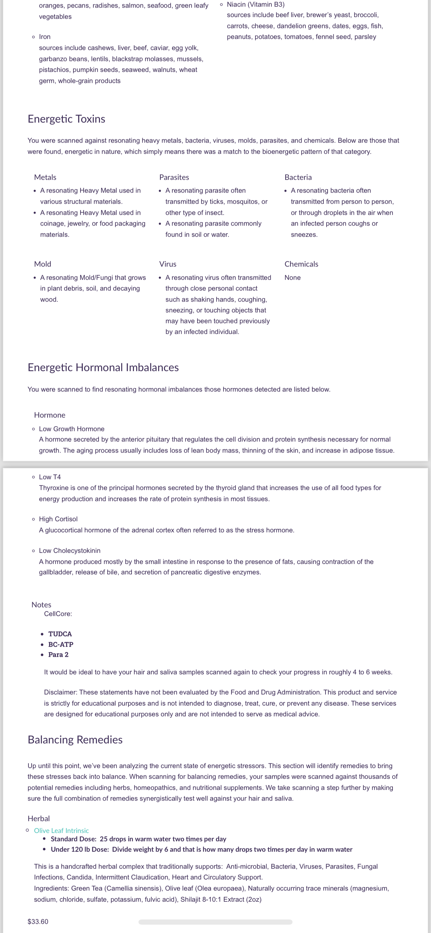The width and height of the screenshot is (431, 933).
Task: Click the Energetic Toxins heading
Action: pyautogui.click(x=66, y=119)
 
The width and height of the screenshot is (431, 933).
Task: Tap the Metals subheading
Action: pyautogui.click(x=45, y=177)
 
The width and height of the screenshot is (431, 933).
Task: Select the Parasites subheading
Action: pyautogui.click(x=174, y=177)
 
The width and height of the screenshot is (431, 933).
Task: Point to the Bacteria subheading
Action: pyautogui.click(x=298, y=177)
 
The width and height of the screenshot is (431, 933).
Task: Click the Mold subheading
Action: pyautogui.click(x=42, y=264)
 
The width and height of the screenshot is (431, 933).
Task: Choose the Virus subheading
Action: pyautogui.click(x=168, y=264)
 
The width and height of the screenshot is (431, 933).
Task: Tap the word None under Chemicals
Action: pyautogui.click(x=292, y=277)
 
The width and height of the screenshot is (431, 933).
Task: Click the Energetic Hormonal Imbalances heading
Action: pyautogui.click(x=103, y=367)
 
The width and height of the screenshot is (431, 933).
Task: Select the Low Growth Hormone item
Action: pyautogui.click(x=71, y=429)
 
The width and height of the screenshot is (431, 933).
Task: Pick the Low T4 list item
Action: pyautogui.click(x=50, y=477)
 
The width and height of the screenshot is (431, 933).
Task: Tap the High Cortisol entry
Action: pyautogui.click(x=58, y=519)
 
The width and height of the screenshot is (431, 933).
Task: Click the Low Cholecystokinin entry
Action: pyautogui.click(x=69, y=550)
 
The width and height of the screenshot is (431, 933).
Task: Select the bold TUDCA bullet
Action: pyautogui.click(x=60, y=634)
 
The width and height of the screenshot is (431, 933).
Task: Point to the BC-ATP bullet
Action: pyautogui.click(x=60, y=644)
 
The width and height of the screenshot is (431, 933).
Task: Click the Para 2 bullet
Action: pyautogui.click(x=58, y=655)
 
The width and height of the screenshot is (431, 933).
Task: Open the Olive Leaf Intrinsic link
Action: pyautogui.click(x=61, y=831)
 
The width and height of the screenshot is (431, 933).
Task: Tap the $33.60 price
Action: pyautogui.click(x=38, y=922)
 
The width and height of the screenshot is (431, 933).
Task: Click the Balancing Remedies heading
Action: pyautogui.click(x=75, y=740)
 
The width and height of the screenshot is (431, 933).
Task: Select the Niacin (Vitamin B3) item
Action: pyautogui.click(x=255, y=5)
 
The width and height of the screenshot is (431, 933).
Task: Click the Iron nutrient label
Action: pyautogui.click(x=44, y=36)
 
